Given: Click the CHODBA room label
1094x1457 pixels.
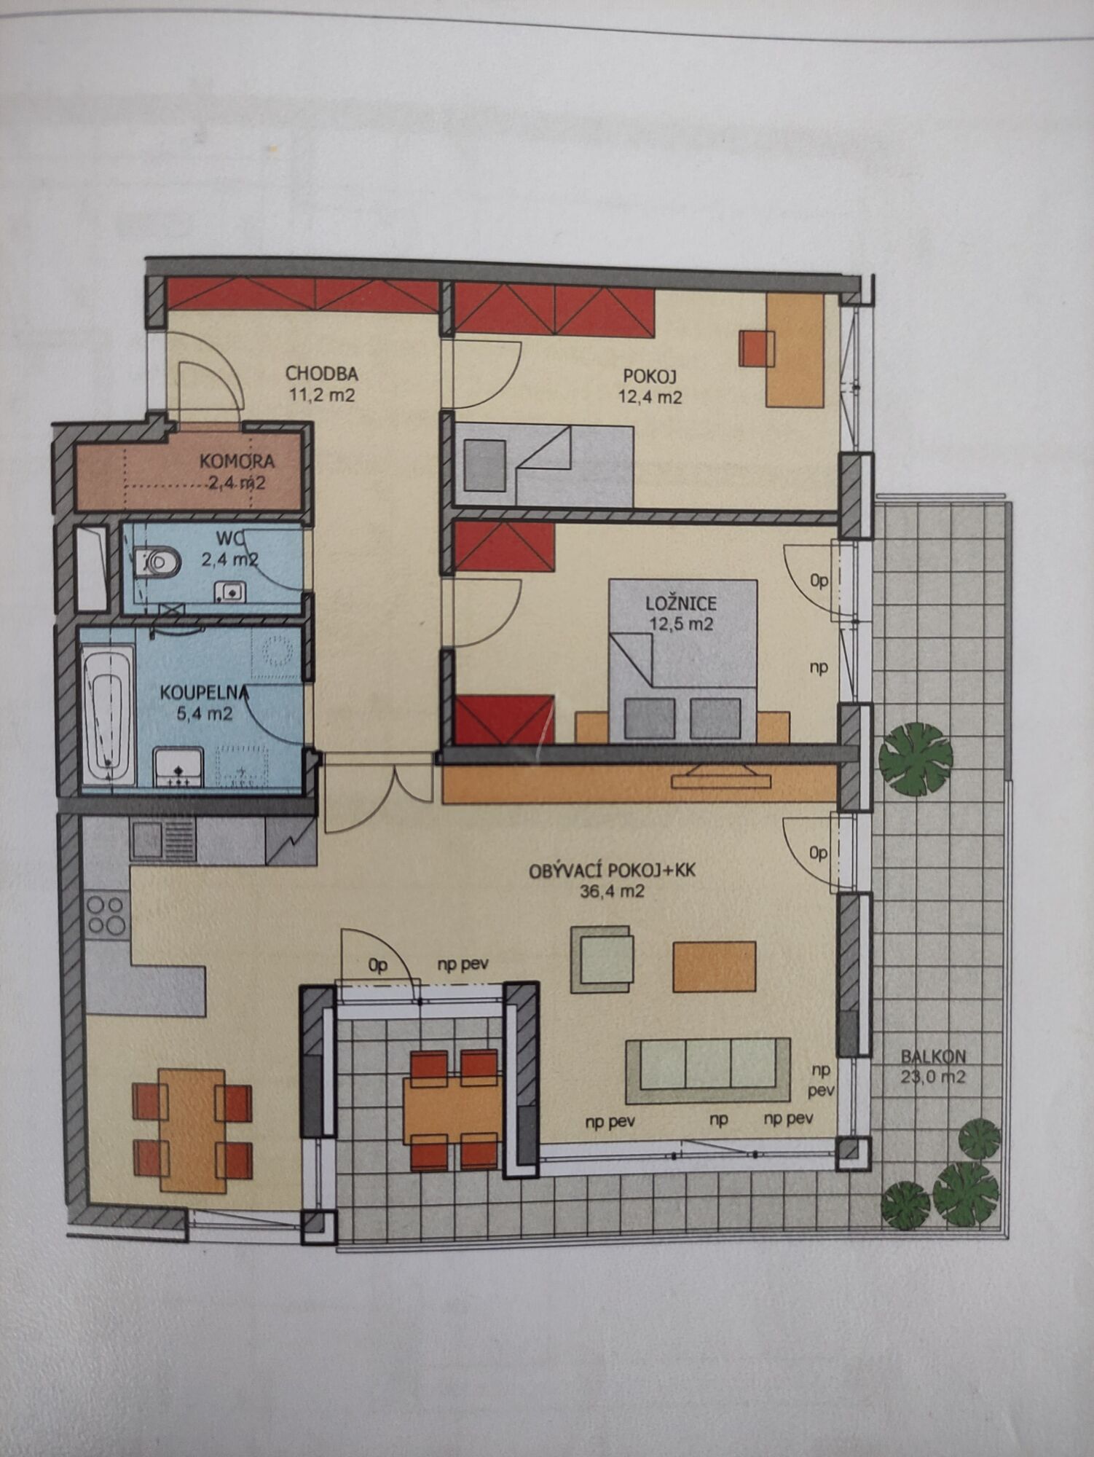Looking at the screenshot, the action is tap(321, 374).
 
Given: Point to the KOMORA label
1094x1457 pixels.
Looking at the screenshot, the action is tap(237, 461).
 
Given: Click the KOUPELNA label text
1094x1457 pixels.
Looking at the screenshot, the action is tap(205, 692).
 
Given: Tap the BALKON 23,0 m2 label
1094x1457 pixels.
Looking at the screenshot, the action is tap(933, 1066).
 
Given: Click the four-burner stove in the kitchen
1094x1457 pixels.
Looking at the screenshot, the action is tap(106, 915).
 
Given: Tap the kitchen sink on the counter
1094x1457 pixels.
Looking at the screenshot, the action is tap(162, 839).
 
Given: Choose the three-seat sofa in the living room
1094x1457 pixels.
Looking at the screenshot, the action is tap(707, 1069).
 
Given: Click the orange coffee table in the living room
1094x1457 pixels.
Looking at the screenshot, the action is tap(714, 967).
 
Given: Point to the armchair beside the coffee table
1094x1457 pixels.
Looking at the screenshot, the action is tap(602, 959).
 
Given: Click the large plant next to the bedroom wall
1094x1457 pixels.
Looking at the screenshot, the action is tap(916, 759).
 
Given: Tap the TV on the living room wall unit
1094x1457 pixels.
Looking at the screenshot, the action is tap(720, 777).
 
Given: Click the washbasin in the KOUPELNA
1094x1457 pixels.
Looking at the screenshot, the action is tap(178, 767).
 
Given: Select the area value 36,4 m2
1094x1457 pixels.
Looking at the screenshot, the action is tap(612, 891).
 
